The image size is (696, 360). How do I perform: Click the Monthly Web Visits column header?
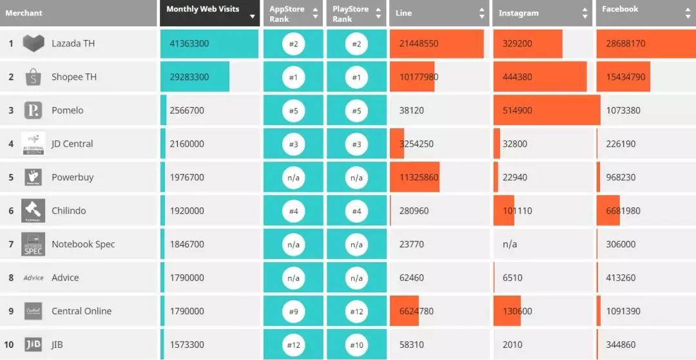click(202, 9)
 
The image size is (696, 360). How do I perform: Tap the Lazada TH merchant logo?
click(34, 43)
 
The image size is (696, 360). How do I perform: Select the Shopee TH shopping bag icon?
click(34, 77)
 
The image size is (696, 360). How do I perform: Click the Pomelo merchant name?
click(68, 110)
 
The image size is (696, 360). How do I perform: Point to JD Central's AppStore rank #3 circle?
click(293, 144)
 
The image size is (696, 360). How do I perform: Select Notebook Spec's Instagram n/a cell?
click(510, 245)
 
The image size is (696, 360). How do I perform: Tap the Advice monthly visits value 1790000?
click(187, 278)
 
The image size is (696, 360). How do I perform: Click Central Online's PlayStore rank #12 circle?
click(356, 312)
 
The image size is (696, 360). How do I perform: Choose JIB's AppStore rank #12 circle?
click(293, 345)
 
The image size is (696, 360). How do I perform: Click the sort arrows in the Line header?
click(481, 13)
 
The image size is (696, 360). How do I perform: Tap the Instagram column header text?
click(518, 13)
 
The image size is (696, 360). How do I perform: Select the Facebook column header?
click(620, 9)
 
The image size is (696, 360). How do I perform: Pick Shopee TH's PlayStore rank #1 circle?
click(356, 77)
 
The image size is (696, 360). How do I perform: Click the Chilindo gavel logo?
click(34, 211)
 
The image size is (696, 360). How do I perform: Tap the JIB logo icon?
click(34, 345)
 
